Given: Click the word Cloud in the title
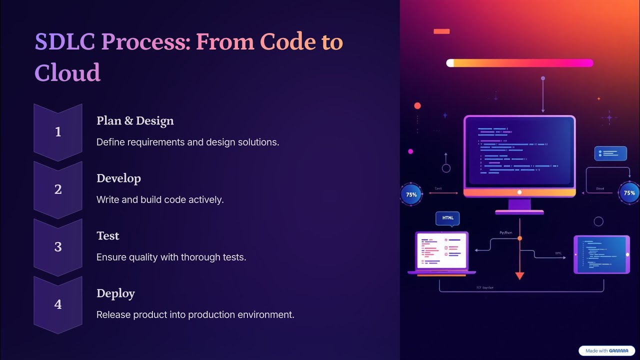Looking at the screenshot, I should pyautogui.click(x=67, y=72).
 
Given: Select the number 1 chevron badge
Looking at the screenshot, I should pyautogui.click(x=58, y=132).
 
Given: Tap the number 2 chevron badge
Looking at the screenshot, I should pyautogui.click(x=58, y=189).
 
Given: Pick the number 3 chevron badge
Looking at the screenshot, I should pyautogui.click(x=58, y=247).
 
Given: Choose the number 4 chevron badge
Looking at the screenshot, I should pyautogui.click(x=58, y=304).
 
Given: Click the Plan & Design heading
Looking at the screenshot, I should pyautogui.click(x=135, y=121).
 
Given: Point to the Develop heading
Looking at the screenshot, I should pyautogui.click(x=118, y=178).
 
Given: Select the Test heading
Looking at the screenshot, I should pyautogui.click(x=108, y=236).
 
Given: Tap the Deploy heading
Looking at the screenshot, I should pyautogui.click(x=115, y=293).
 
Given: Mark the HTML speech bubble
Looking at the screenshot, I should pyautogui.click(x=447, y=218).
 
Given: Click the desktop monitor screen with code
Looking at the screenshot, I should pyautogui.click(x=519, y=151).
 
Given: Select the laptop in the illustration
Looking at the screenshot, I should pyautogui.click(x=441, y=252).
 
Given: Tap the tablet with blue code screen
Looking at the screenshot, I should pyautogui.click(x=601, y=254).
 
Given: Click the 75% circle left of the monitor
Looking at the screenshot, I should pyautogui.click(x=411, y=194).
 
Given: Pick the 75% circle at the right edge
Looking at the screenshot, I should pyautogui.click(x=629, y=193).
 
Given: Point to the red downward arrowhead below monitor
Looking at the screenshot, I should pyautogui.click(x=519, y=275).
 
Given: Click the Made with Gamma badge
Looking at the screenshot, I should pyautogui.click(x=606, y=351).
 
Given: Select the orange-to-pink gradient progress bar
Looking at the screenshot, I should pyautogui.click(x=519, y=63).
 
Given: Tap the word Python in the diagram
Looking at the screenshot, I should pyautogui.click(x=506, y=233).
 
